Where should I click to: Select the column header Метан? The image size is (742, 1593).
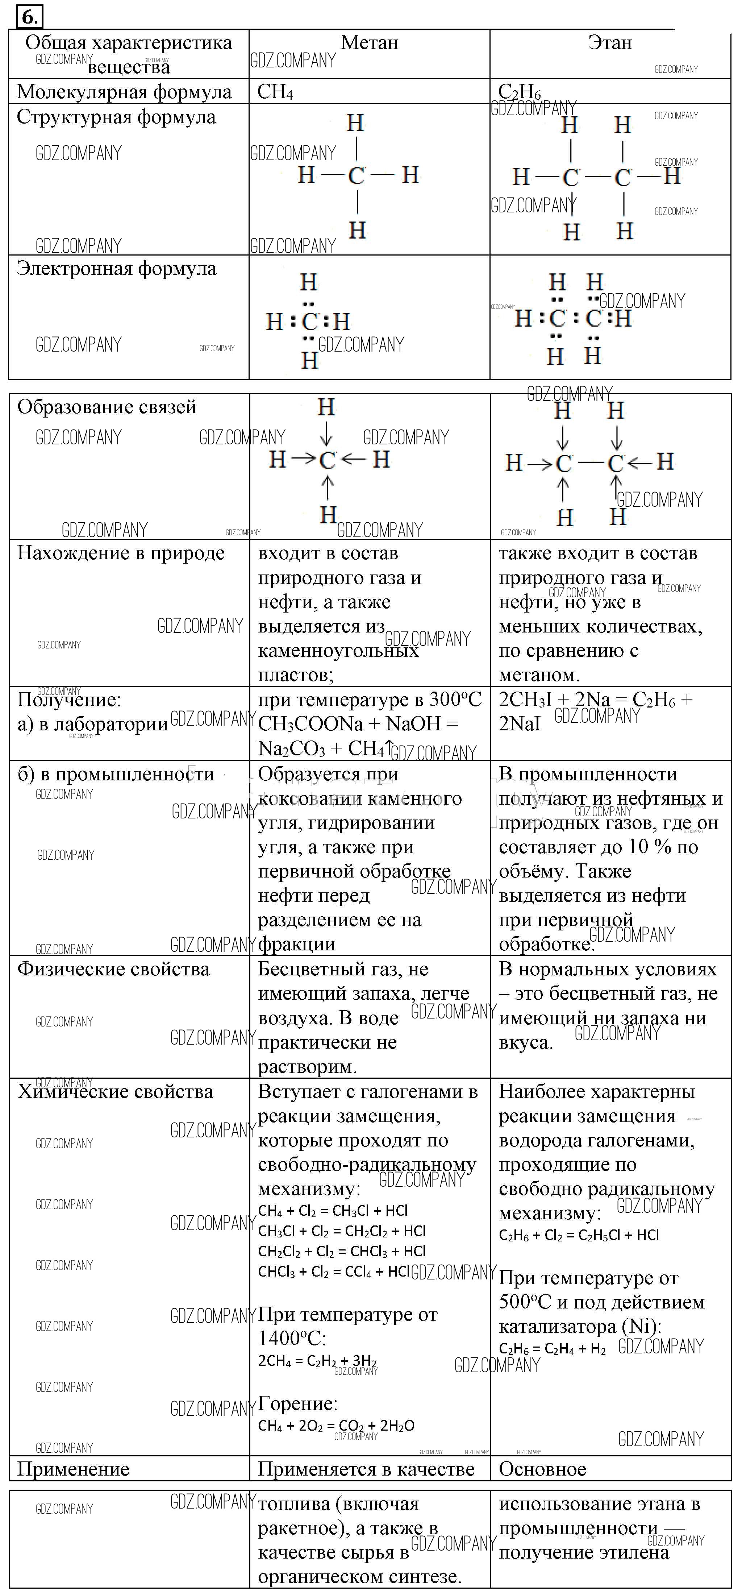[369, 43]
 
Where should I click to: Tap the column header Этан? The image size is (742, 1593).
[610, 43]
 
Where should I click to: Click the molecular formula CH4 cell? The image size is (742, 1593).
[275, 92]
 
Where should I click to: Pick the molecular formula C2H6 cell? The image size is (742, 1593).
[520, 92]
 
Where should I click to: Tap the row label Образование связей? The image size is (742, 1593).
[107, 407]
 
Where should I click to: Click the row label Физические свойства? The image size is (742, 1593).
[113, 969]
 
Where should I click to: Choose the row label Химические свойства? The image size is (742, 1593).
[115, 1091]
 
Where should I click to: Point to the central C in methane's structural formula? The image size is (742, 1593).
[356, 176]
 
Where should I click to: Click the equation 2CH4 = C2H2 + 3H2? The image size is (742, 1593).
[317, 1361]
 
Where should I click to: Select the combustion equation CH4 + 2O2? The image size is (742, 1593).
[336, 1426]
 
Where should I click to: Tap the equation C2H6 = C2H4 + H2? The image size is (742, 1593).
[552, 1349]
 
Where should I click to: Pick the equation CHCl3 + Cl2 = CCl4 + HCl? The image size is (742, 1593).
[334, 1272]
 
